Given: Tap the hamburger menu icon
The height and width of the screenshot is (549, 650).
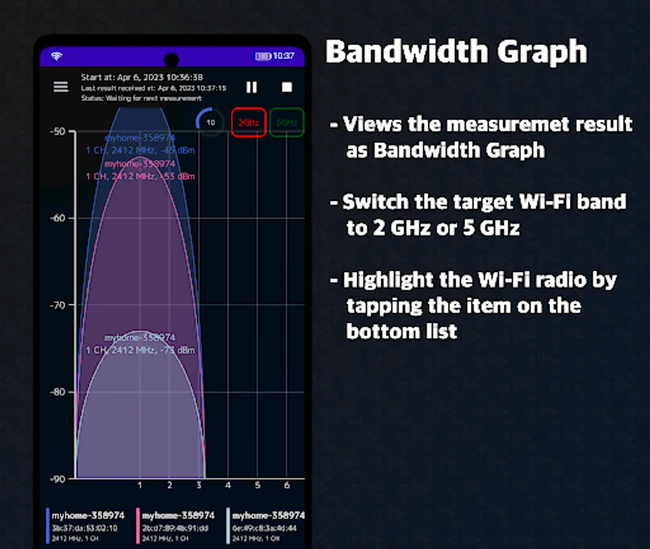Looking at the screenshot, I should click(61, 87).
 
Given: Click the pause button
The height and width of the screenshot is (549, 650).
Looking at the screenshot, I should click(252, 87).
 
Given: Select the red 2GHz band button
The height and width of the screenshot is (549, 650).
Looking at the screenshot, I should click(249, 123).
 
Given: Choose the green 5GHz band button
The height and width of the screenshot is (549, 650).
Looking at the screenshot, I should click(287, 123).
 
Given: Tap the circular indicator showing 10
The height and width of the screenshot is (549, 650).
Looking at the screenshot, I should click(211, 123).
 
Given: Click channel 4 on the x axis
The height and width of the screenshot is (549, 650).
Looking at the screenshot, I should click(228, 486).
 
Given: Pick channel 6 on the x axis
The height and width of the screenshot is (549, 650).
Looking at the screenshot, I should click(287, 486).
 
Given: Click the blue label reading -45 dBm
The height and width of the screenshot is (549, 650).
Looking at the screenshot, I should click(140, 150).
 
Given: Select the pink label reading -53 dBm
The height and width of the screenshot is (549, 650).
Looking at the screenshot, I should click(140, 176).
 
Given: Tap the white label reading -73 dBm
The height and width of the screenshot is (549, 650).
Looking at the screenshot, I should click(140, 350).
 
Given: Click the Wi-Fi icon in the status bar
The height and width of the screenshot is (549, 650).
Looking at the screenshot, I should click(57, 56).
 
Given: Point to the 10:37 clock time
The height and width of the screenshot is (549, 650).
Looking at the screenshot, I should click(283, 56).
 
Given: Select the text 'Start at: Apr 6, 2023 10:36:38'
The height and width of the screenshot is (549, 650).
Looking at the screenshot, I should click(142, 77).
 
